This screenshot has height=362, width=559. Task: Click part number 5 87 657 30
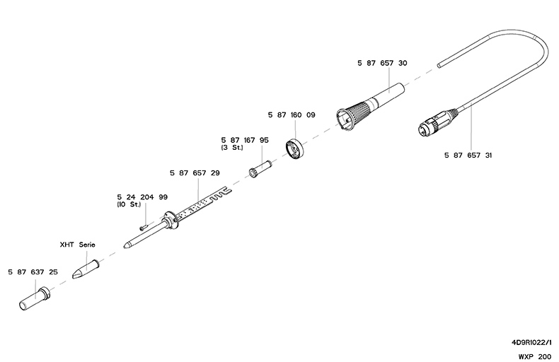coord(382,63)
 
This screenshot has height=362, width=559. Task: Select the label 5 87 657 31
coord(468,155)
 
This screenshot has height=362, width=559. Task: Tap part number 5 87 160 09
coord(292,115)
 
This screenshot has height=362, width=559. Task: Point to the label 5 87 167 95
coord(244,140)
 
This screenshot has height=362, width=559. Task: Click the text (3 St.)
coord(234,148)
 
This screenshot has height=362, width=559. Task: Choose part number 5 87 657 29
coord(195,173)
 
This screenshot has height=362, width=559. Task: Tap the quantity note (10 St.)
coord(129,204)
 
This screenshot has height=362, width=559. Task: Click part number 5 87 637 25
coord(33,271)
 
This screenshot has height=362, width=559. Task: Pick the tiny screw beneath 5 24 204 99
coord(144,227)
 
